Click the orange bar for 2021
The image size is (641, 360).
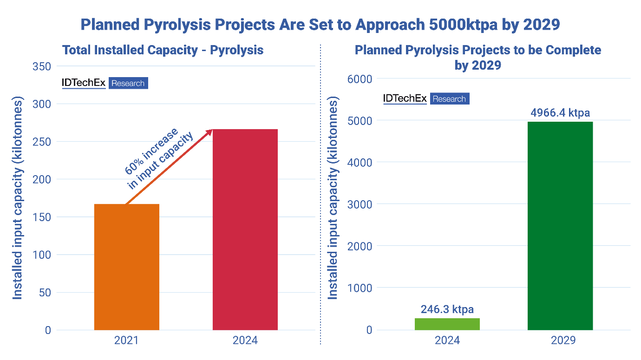click(126, 267)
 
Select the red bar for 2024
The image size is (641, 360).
click(245, 229)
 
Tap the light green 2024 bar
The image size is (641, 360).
click(447, 324)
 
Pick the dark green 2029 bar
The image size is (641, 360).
click(560, 226)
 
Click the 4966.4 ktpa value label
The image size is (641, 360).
click(560, 113)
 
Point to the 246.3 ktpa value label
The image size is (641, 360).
click(447, 309)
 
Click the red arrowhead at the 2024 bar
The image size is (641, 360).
click(209, 132)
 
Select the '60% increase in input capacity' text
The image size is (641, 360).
click(158, 158)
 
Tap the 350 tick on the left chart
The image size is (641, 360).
click(42, 66)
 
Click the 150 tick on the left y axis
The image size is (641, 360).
click(42, 217)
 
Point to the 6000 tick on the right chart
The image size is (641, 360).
click(360, 79)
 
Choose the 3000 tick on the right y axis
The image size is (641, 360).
click(360, 204)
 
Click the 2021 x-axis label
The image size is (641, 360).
click(126, 340)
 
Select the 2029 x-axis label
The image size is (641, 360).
click(560, 340)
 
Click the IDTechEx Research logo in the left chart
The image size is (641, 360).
click(105, 83)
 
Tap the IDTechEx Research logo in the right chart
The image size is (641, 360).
click(426, 98)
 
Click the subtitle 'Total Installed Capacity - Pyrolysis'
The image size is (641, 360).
click(163, 50)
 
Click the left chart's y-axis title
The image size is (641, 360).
click(17, 198)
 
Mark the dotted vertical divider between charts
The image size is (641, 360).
click(321, 195)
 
